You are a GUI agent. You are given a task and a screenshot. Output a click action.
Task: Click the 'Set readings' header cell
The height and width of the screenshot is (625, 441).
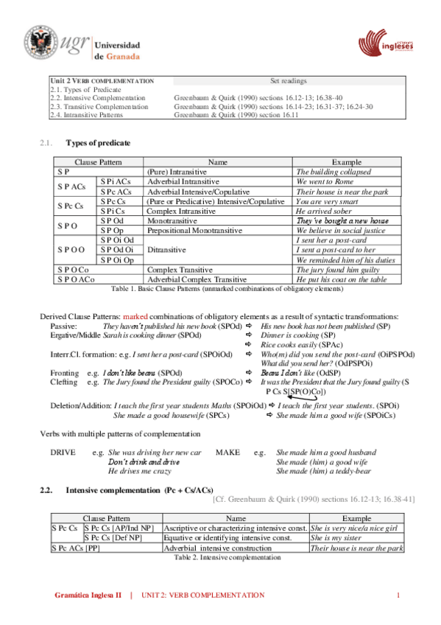click(288, 81)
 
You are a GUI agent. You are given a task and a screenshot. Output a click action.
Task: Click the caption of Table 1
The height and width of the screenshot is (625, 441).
click(225, 289)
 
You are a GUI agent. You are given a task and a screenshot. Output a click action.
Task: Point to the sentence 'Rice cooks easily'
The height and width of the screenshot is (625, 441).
click(294, 344)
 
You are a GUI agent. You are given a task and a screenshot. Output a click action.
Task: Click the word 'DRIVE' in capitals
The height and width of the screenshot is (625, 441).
click(62, 452)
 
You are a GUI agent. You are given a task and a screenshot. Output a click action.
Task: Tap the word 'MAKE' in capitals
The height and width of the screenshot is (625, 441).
click(227, 452)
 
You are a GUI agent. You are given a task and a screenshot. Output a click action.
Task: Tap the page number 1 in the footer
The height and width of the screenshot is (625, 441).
click(398, 595)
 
